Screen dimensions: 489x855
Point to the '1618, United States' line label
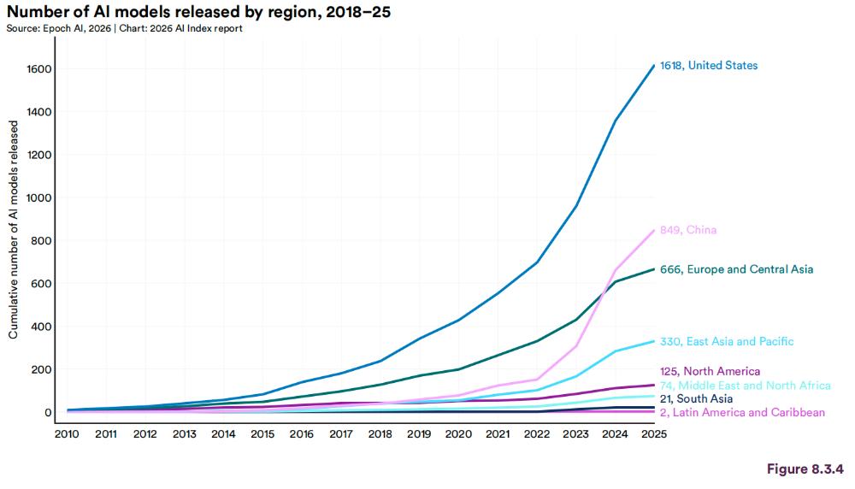709,66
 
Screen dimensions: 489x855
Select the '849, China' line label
688,230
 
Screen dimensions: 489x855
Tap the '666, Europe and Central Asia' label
736,269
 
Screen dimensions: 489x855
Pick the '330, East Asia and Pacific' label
727,342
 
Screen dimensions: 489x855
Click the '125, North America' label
710,371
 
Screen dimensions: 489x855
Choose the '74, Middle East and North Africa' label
745,386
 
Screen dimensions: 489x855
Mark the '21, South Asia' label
696,399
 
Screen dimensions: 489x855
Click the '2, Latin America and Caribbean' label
742,413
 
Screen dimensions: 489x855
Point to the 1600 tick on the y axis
40,68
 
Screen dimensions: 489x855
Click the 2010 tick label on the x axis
67,434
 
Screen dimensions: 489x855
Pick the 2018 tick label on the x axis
380,434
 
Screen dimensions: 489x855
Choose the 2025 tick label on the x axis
653,434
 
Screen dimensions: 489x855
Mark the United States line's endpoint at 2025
654,66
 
